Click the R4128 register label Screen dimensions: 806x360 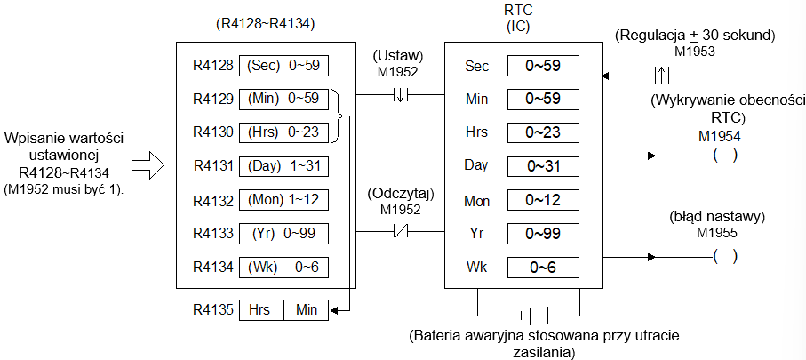(x=212, y=66)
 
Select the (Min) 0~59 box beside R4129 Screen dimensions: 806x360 (x=283, y=99)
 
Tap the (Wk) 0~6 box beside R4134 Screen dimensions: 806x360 (x=283, y=268)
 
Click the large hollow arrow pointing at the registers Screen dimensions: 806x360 (x=148, y=165)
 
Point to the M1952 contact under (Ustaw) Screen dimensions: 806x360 (x=400, y=94)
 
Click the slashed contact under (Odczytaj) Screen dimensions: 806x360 (x=401, y=231)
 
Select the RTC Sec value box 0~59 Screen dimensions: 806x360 (x=543, y=66)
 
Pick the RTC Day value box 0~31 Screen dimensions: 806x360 (x=543, y=166)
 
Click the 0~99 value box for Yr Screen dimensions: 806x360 (x=543, y=234)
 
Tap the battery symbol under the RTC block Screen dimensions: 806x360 (x=535, y=315)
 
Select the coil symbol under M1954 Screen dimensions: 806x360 (x=725, y=156)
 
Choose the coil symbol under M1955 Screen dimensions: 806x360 (x=725, y=256)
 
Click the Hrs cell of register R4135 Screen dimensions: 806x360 (x=261, y=310)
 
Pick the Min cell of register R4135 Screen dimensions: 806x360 (x=307, y=310)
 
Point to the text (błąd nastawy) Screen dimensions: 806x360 (x=717, y=217)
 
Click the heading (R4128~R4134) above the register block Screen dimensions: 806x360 (x=264, y=24)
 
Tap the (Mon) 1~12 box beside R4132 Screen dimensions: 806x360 (x=283, y=199)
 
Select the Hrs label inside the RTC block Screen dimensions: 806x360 (x=476, y=132)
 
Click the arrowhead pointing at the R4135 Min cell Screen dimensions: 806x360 (x=333, y=310)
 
